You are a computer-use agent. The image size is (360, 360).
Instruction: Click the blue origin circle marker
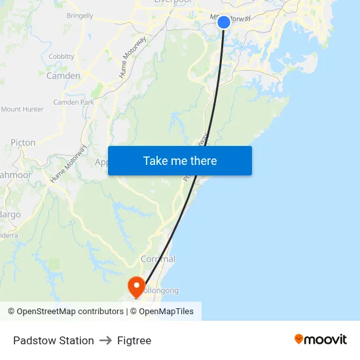tap(223, 22)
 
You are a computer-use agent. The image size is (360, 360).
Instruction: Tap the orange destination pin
tap(136, 285)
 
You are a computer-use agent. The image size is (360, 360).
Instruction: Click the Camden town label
tap(63, 76)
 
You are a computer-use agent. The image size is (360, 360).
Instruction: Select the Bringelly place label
tap(80, 14)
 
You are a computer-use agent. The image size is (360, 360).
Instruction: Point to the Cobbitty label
tap(62, 57)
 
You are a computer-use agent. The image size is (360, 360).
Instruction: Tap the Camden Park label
tap(73, 102)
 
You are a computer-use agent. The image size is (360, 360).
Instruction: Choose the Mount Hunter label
tap(23, 109)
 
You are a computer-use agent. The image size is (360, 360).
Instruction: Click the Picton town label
tap(23, 143)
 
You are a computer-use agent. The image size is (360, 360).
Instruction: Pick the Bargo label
tap(10, 215)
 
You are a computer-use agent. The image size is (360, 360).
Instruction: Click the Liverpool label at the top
tap(172, 2)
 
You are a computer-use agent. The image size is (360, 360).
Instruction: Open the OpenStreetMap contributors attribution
tap(65, 312)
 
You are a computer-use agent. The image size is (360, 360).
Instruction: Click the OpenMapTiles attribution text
tap(166, 312)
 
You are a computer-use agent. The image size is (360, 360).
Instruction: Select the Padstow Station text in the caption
tap(54, 340)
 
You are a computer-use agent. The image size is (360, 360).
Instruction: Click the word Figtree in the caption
tap(134, 340)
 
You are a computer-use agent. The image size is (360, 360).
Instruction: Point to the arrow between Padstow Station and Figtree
tap(105, 340)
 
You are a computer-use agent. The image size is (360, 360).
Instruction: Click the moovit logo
tap(321, 339)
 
